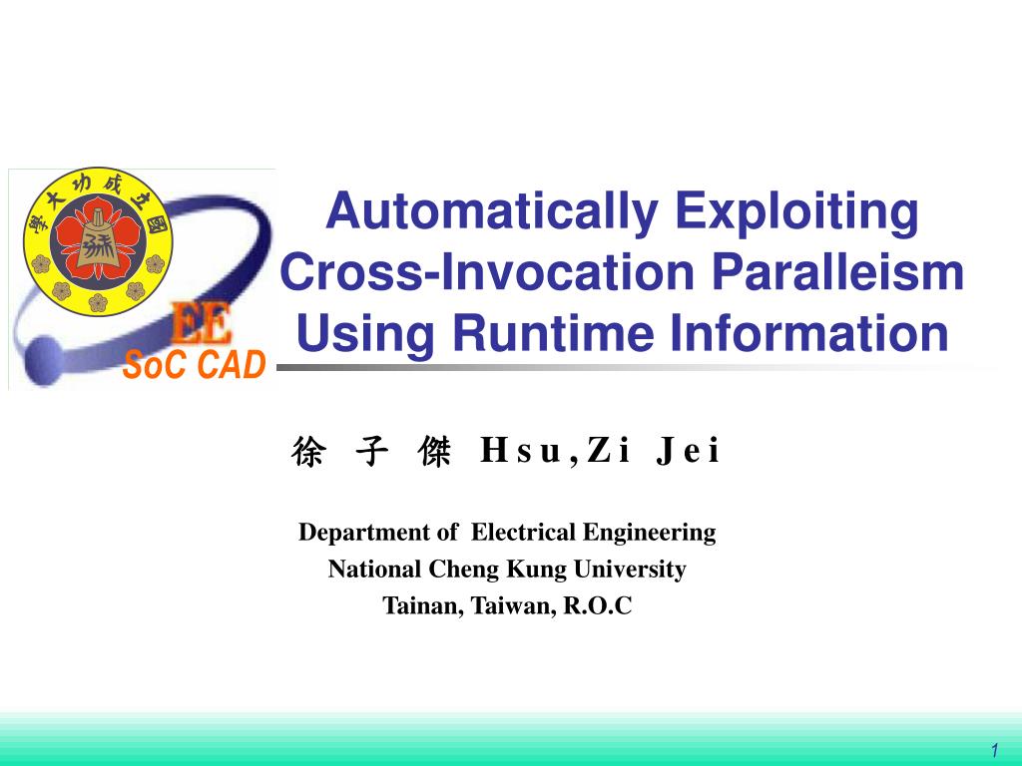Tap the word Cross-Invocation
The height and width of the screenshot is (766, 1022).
tap(487, 271)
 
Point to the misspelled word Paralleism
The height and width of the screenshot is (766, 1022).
tap(837, 271)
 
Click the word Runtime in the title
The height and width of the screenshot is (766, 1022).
tap(553, 333)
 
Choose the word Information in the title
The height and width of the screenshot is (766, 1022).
tap(808, 333)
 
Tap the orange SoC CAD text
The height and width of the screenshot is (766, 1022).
tap(195, 365)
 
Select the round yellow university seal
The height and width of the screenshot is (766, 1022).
tap(98, 241)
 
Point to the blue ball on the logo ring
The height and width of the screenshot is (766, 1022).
tap(43, 360)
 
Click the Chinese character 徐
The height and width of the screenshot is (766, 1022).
tap(307, 452)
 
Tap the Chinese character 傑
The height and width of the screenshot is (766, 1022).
tap(435, 452)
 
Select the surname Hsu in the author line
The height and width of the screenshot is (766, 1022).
tap(521, 451)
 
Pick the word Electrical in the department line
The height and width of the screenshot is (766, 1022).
tap(523, 533)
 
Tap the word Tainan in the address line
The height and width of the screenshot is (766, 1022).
tap(423, 606)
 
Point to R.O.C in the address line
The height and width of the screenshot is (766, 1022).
tap(598, 605)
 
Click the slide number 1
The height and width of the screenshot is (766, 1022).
tap(995, 750)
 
